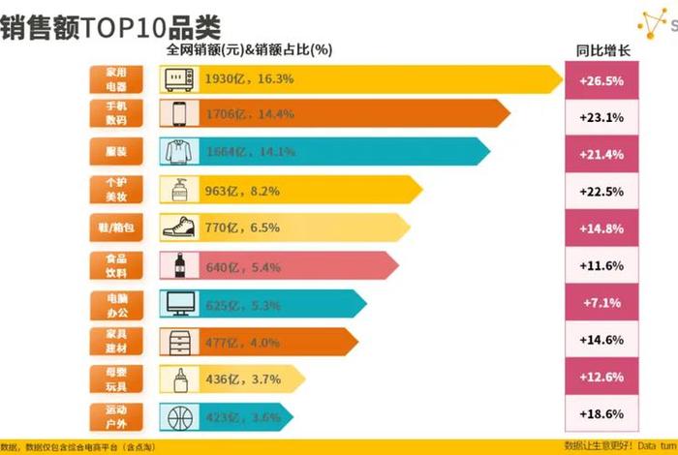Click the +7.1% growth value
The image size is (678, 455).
pos(601,303)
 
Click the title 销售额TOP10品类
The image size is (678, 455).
pos(110,24)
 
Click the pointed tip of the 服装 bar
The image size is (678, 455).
pos(488,151)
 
